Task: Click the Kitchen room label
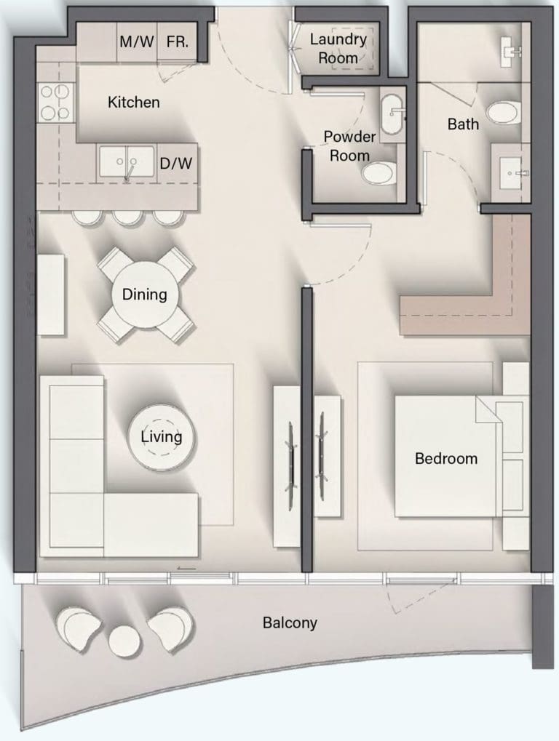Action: [x=133, y=102]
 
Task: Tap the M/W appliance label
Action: [x=136, y=41]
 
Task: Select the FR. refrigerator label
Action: [x=178, y=41]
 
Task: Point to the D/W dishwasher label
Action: [x=176, y=164]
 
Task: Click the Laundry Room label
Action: [x=338, y=48]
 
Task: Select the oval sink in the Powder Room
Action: [x=392, y=115]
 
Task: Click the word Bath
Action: [x=463, y=124]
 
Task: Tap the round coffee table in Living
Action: [x=162, y=437]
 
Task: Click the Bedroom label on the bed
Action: [x=446, y=458]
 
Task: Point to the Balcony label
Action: [x=290, y=623]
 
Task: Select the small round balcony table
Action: [x=124, y=641]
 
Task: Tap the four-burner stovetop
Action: [x=55, y=101]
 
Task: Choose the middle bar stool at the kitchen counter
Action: [x=128, y=217]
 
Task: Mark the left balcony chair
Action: [x=78, y=628]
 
